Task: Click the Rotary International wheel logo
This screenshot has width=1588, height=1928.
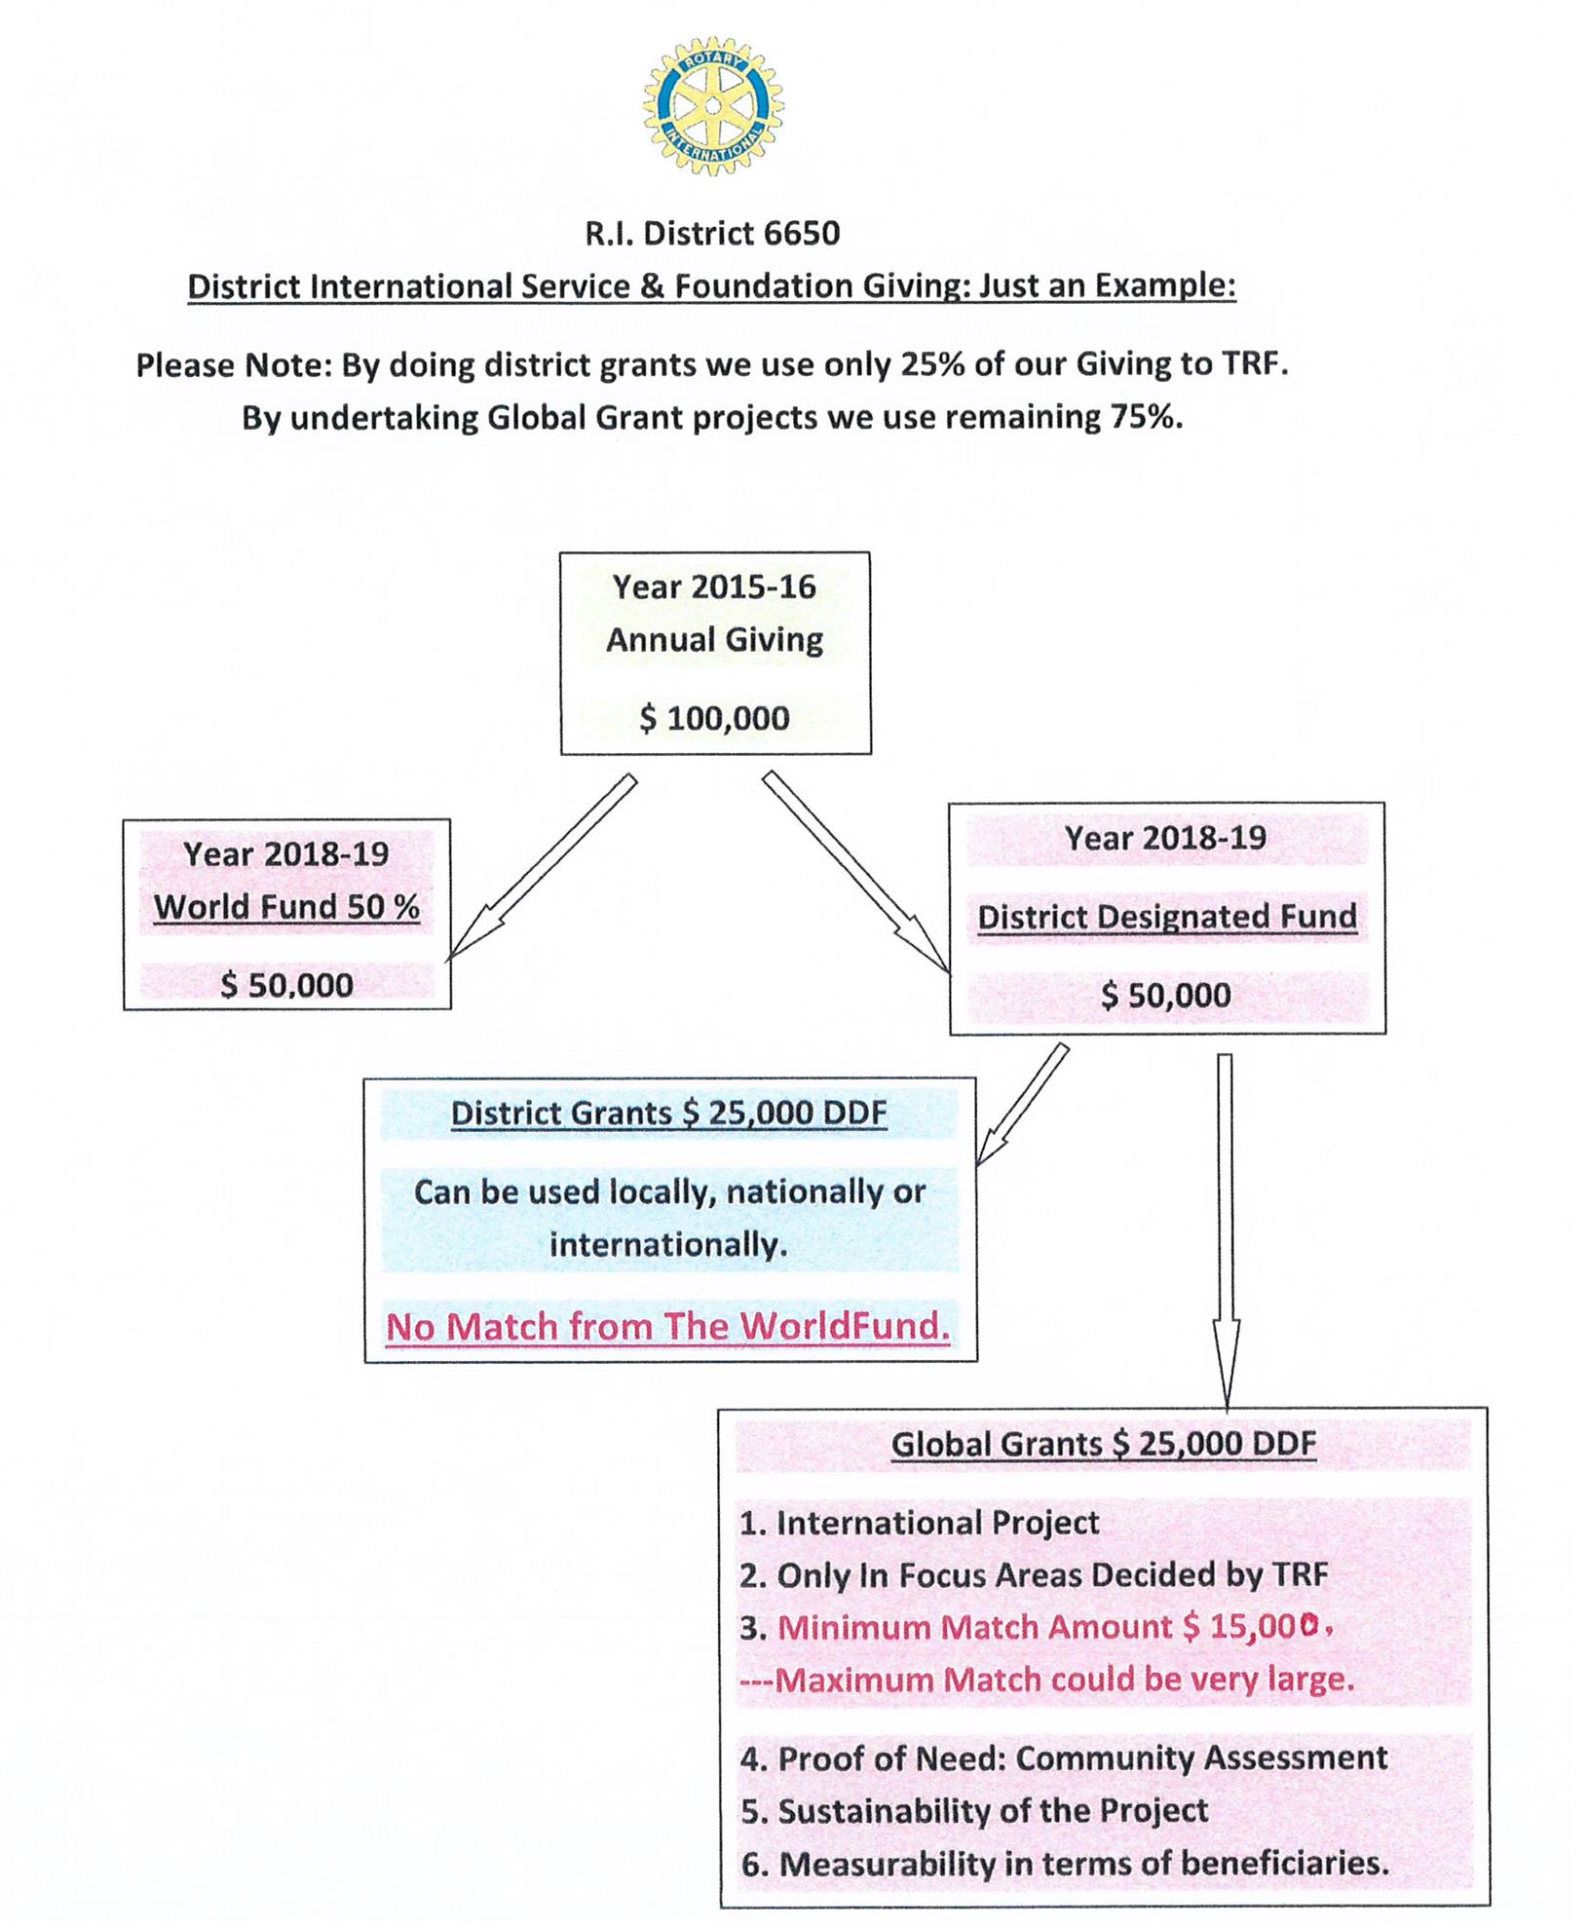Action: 712,106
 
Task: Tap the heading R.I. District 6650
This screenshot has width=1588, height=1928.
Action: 712,234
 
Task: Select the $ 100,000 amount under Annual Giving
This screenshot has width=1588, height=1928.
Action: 714,719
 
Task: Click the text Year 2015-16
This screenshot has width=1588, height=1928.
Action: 714,587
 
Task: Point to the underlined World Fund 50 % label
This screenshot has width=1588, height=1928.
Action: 286,907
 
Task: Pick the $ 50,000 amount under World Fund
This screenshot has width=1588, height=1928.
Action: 286,985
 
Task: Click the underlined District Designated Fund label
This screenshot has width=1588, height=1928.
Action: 1167,917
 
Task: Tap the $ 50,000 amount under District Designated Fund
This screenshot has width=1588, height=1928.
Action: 1166,996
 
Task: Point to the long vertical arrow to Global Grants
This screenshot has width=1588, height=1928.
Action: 1226,1228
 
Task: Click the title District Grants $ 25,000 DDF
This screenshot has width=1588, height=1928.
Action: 669,1114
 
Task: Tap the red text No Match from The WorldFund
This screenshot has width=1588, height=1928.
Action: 668,1327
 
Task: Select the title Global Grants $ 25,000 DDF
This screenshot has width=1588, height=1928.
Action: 1104,1444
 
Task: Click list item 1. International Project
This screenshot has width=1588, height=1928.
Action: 920,1523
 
